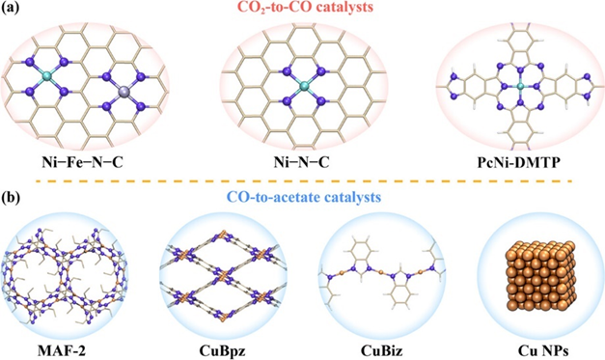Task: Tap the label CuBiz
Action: tap(377, 339)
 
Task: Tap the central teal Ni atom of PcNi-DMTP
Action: tap(509, 85)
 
